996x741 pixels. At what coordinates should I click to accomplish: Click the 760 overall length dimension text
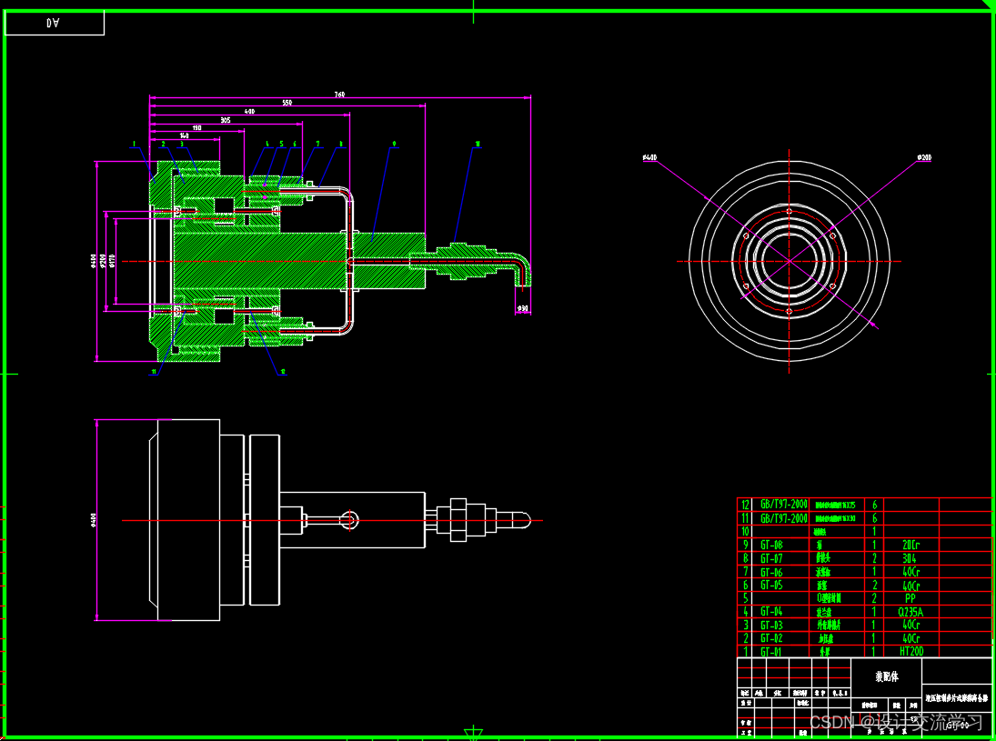point(339,95)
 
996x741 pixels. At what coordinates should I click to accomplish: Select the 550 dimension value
point(287,103)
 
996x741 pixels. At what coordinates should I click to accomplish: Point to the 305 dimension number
point(226,120)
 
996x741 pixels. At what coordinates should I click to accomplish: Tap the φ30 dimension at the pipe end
point(522,308)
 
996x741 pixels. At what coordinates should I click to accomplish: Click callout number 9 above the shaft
point(394,144)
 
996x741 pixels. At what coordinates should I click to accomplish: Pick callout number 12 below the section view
point(283,372)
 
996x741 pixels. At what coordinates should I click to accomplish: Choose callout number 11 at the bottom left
point(154,372)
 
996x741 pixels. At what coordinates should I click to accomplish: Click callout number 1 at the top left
point(133,144)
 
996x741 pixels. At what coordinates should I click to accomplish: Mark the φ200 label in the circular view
point(923,158)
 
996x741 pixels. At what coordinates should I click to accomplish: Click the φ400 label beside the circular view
point(649,158)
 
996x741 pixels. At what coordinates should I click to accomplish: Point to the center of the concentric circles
point(789,261)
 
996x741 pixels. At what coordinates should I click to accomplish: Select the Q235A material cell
point(911,612)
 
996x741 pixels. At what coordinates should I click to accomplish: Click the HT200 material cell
point(911,652)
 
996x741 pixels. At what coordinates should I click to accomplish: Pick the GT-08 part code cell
point(771,545)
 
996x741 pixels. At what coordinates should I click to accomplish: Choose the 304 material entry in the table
point(911,558)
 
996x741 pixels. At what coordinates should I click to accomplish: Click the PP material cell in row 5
point(911,598)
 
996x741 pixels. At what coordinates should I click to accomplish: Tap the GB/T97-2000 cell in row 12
point(783,505)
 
